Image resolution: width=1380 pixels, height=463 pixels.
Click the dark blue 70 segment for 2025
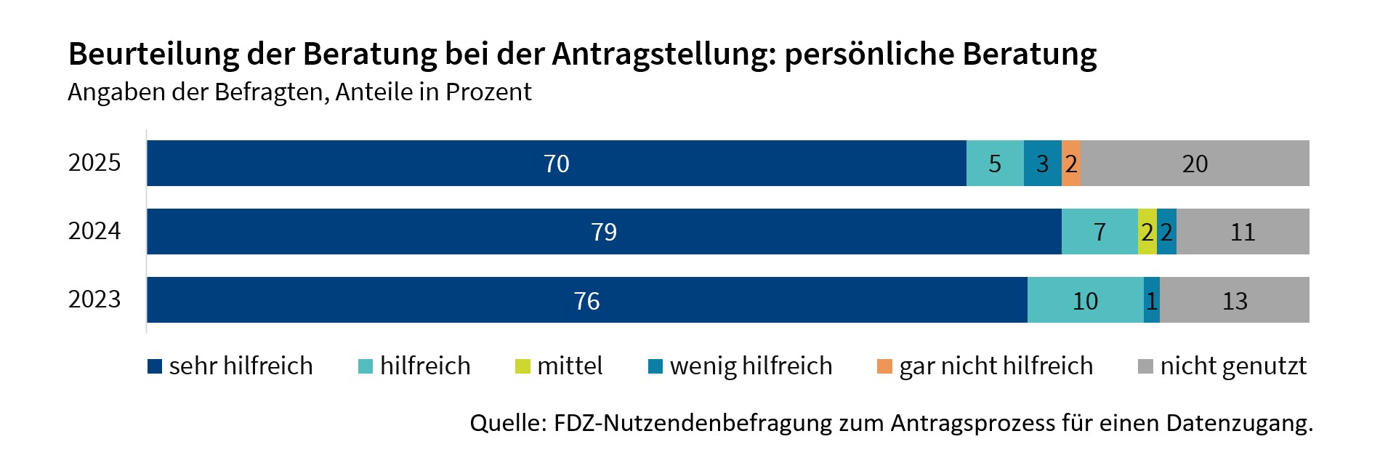[x=556, y=164]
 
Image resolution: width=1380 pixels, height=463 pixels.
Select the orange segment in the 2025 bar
[x=1070, y=164]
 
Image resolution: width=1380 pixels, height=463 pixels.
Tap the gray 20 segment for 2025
[x=1195, y=164]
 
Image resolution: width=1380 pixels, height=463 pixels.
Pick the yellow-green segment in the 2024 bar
[x=1147, y=232]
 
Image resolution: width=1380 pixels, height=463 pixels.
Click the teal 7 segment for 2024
[x=1099, y=232]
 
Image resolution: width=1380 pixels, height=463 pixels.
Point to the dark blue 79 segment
[x=603, y=232]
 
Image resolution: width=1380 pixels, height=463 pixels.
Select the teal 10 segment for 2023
[x=1085, y=300]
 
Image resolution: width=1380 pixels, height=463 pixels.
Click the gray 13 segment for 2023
[x=1234, y=300]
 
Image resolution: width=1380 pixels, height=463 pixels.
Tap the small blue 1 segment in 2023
[x=1151, y=300]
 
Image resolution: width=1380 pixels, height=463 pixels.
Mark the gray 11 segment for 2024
[x=1243, y=232]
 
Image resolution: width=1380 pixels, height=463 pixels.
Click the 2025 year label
[x=94, y=163]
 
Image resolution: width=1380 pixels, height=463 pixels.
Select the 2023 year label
[x=94, y=299]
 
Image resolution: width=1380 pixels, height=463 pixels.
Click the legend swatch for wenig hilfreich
[x=655, y=366]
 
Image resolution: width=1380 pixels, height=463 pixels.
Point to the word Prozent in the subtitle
[x=488, y=92]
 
